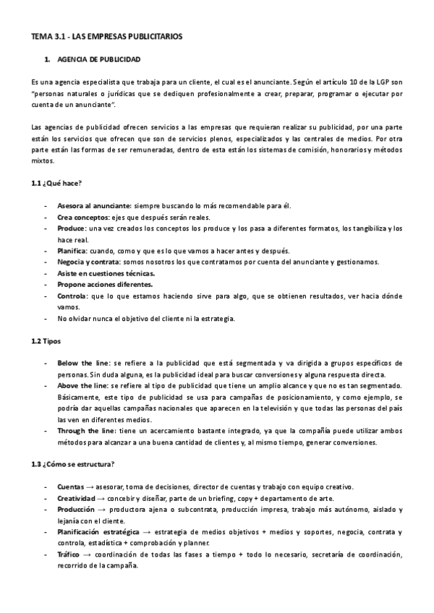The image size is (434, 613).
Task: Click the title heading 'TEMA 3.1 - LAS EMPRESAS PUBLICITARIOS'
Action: pyautogui.click(x=106, y=35)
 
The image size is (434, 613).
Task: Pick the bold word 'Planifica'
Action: pyautogui.click(x=73, y=251)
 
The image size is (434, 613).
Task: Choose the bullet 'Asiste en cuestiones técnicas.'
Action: pyautogui.click(x=105, y=273)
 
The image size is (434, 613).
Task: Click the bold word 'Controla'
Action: pyautogui.click(x=72, y=296)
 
